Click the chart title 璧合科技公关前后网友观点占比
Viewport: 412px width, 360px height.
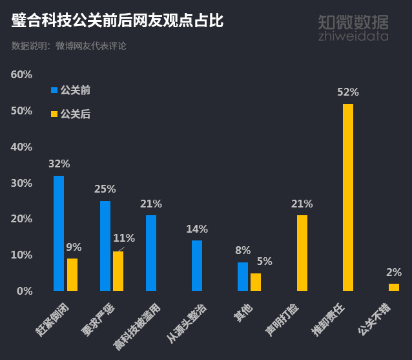click(x=118, y=21)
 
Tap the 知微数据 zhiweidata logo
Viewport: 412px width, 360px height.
click(x=353, y=27)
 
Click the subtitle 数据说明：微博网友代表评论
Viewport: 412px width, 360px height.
click(x=69, y=46)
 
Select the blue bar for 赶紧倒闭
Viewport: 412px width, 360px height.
click(x=59, y=233)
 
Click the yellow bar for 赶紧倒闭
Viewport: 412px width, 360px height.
click(x=72, y=275)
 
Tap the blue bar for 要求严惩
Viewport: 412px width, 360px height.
click(x=105, y=246)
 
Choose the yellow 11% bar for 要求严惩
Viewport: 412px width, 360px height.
click(x=118, y=271)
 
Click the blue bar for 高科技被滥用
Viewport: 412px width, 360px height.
click(x=151, y=253)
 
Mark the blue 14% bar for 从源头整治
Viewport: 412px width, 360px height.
click(x=197, y=266)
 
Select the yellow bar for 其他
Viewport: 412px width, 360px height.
click(x=256, y=282)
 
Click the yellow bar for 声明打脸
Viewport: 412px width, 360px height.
click(x=302, y=253)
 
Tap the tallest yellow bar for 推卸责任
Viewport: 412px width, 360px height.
click(x=348, y=197)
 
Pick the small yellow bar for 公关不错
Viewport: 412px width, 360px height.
click(x=394, y=287)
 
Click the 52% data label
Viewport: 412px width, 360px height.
click(x=348, y=92)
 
